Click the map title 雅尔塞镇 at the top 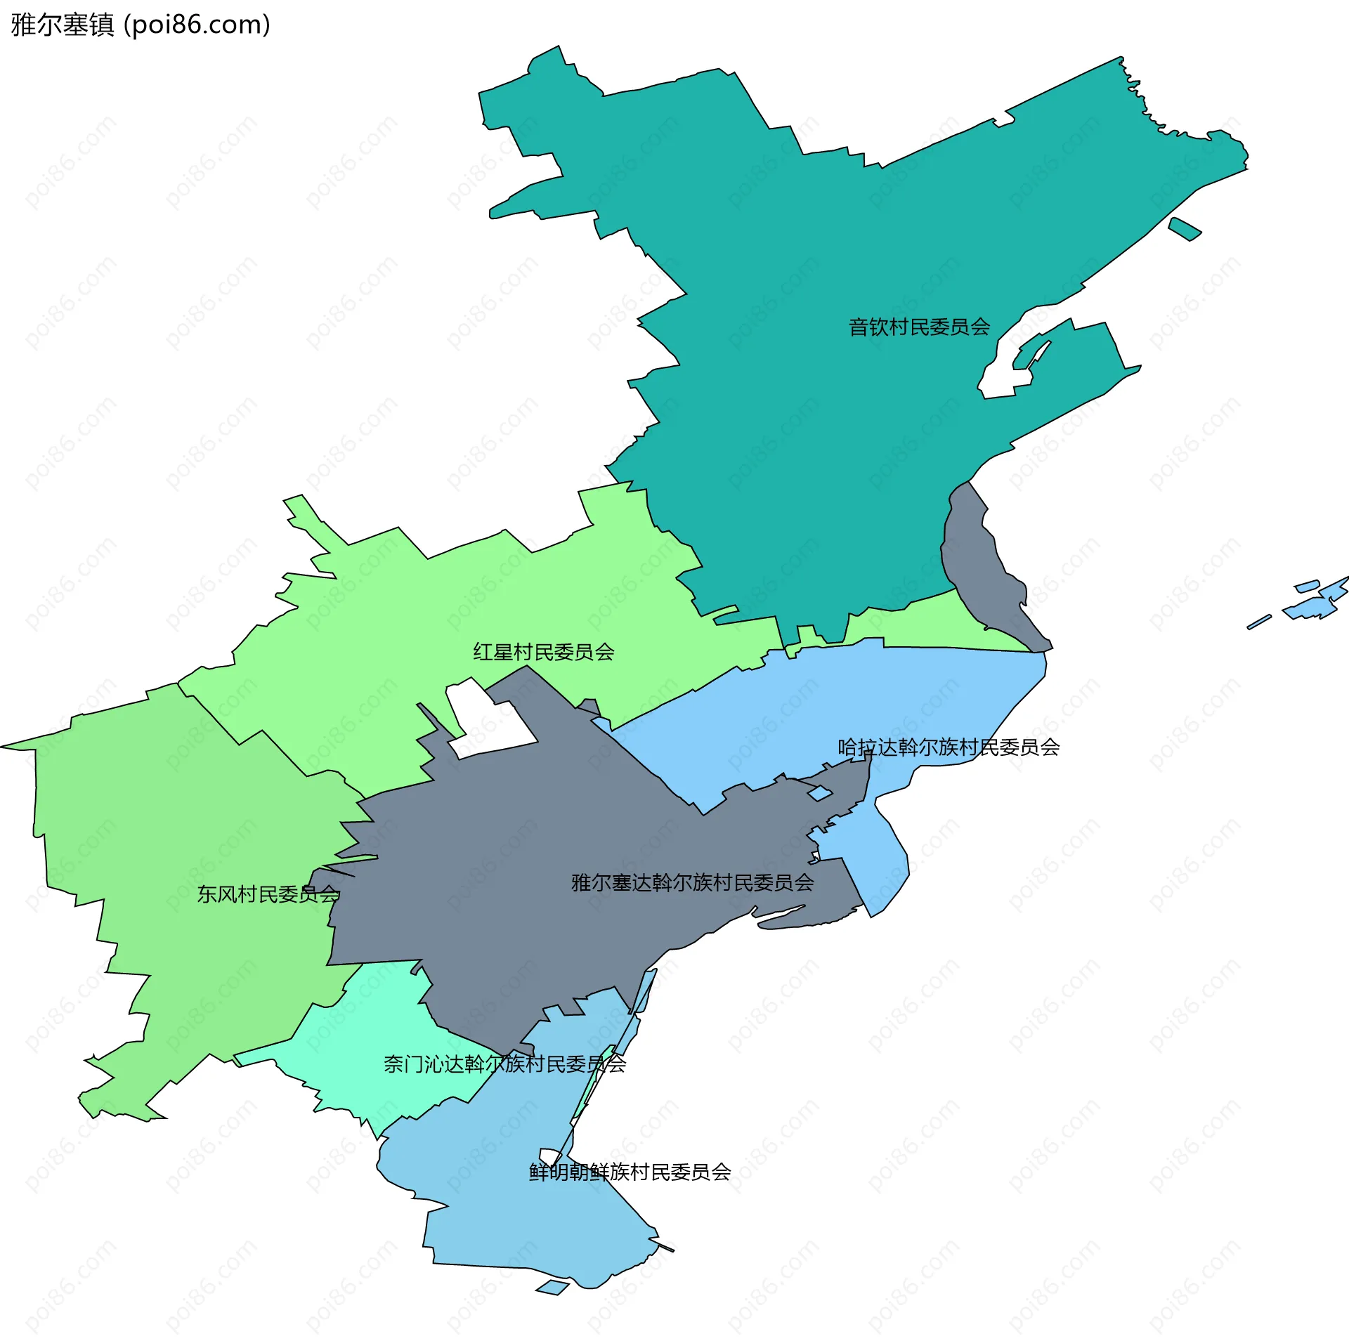click(62, 25)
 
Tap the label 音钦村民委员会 click(919, 327)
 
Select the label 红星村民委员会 click(544, 653)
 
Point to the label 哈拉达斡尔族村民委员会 click(949, 747)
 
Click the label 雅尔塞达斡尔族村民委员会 click(692, 883)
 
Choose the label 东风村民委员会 click(268, 894)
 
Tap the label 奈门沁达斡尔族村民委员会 click(504, 1064)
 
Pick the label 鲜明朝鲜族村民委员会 click(630, 1172)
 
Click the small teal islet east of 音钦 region click(1185, 228)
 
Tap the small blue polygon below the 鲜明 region click(553, 1288)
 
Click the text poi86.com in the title click(197, 25)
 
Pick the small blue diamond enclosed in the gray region click(819, 794)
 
